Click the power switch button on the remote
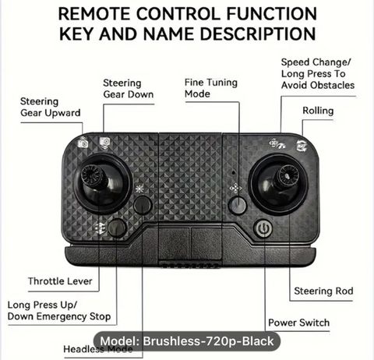click(x=263, y=228)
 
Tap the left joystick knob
click(x=91, y=175)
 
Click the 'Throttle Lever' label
click(x=60, y=281)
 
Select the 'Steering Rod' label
click(x=323, y=291)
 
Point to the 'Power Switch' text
click(x=299, y=323)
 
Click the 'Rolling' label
click(x=318, y=111)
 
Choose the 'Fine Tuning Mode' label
click(x=211, y=88)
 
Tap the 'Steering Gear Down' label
click(x=129, y=89)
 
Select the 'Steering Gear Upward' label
click(x=51, y=107)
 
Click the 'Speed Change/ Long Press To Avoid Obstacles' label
click(x=318, y=74)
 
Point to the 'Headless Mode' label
click(x=98, y=349)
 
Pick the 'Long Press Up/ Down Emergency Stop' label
click(x=59, y=311)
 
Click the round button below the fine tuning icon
click(x=238, y=205)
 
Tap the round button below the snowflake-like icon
click(x=143, y=205)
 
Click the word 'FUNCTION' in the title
click(x=272, y=14)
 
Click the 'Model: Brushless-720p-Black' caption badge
click(x=187, y=341)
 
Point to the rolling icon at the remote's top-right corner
click(x=302, y=146)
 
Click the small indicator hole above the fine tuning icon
click(x=234, y=172)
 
